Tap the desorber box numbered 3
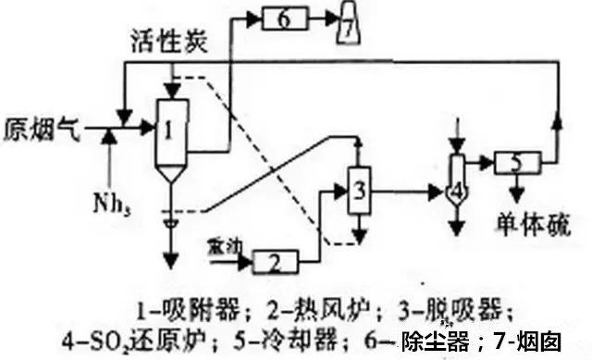pos(358,191)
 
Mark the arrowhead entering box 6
pos(256,18)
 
